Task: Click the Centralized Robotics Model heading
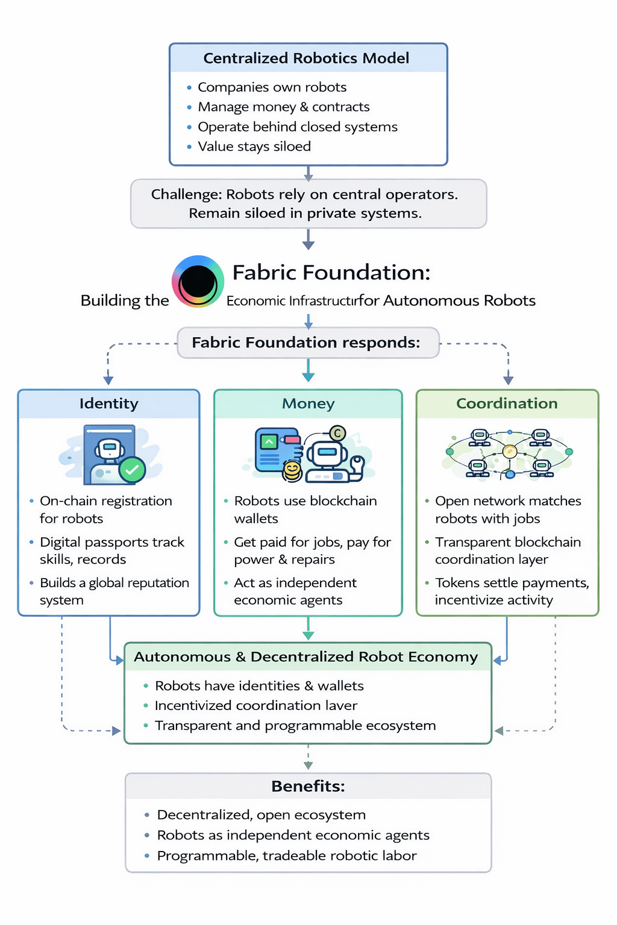click(306, 58)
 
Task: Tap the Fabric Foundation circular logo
click(198, 282)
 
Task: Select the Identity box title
click(109, 403)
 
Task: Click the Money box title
click(308, 403)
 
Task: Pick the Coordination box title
click(507, 403)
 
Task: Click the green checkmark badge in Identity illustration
click(132, 469)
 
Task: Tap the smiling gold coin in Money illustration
click(292, 470)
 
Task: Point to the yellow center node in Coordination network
click(509, 451)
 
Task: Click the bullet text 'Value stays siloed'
click(254, 146)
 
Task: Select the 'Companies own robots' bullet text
click(272, 87)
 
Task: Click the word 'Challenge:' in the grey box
click(187, 195)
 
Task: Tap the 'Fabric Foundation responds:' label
click(306, 343)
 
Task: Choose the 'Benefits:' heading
click(308, 786)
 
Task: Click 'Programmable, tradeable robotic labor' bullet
click(287, 856)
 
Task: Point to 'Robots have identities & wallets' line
click(259, 686)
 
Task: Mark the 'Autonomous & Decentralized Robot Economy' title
click(306, 657)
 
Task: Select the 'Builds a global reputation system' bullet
click(114, 591)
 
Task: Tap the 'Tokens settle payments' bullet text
click(512, 583)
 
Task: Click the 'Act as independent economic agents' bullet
click(295, 591)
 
